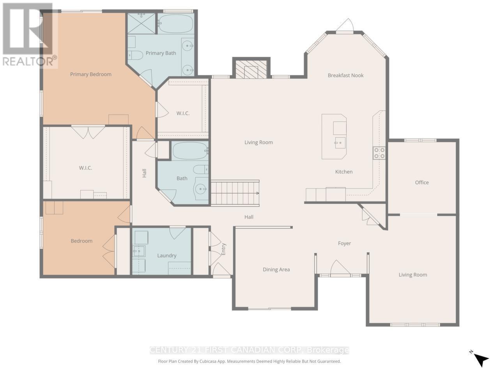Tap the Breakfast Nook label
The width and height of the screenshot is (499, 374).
tap(345, 76)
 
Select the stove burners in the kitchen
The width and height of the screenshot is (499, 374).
tap(379, 153)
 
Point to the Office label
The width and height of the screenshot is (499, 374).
tap(422, 182)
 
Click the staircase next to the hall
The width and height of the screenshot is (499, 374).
tap(235, 193)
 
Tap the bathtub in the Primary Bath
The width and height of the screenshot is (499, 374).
tap(176, 23)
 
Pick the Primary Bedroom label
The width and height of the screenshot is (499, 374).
tap(90, 74)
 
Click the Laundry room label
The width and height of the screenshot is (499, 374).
tap(167, 256)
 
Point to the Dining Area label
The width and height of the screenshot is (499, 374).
tap(276, 270)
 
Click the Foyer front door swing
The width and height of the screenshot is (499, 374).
tap(340, 268)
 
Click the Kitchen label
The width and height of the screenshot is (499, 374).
tap(344, 172)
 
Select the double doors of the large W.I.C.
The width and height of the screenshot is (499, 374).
tap(88, 132)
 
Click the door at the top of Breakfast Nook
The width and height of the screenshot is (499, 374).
tap(345, 26)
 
